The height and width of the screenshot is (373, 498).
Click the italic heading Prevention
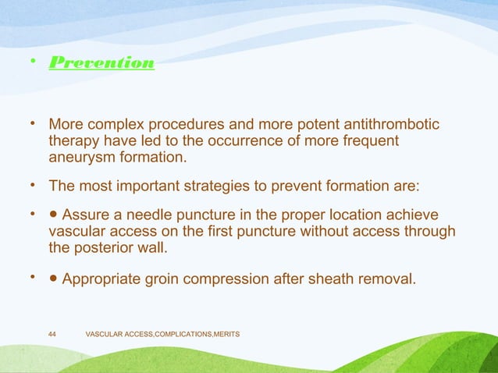101,62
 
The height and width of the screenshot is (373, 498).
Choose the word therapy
74,141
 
